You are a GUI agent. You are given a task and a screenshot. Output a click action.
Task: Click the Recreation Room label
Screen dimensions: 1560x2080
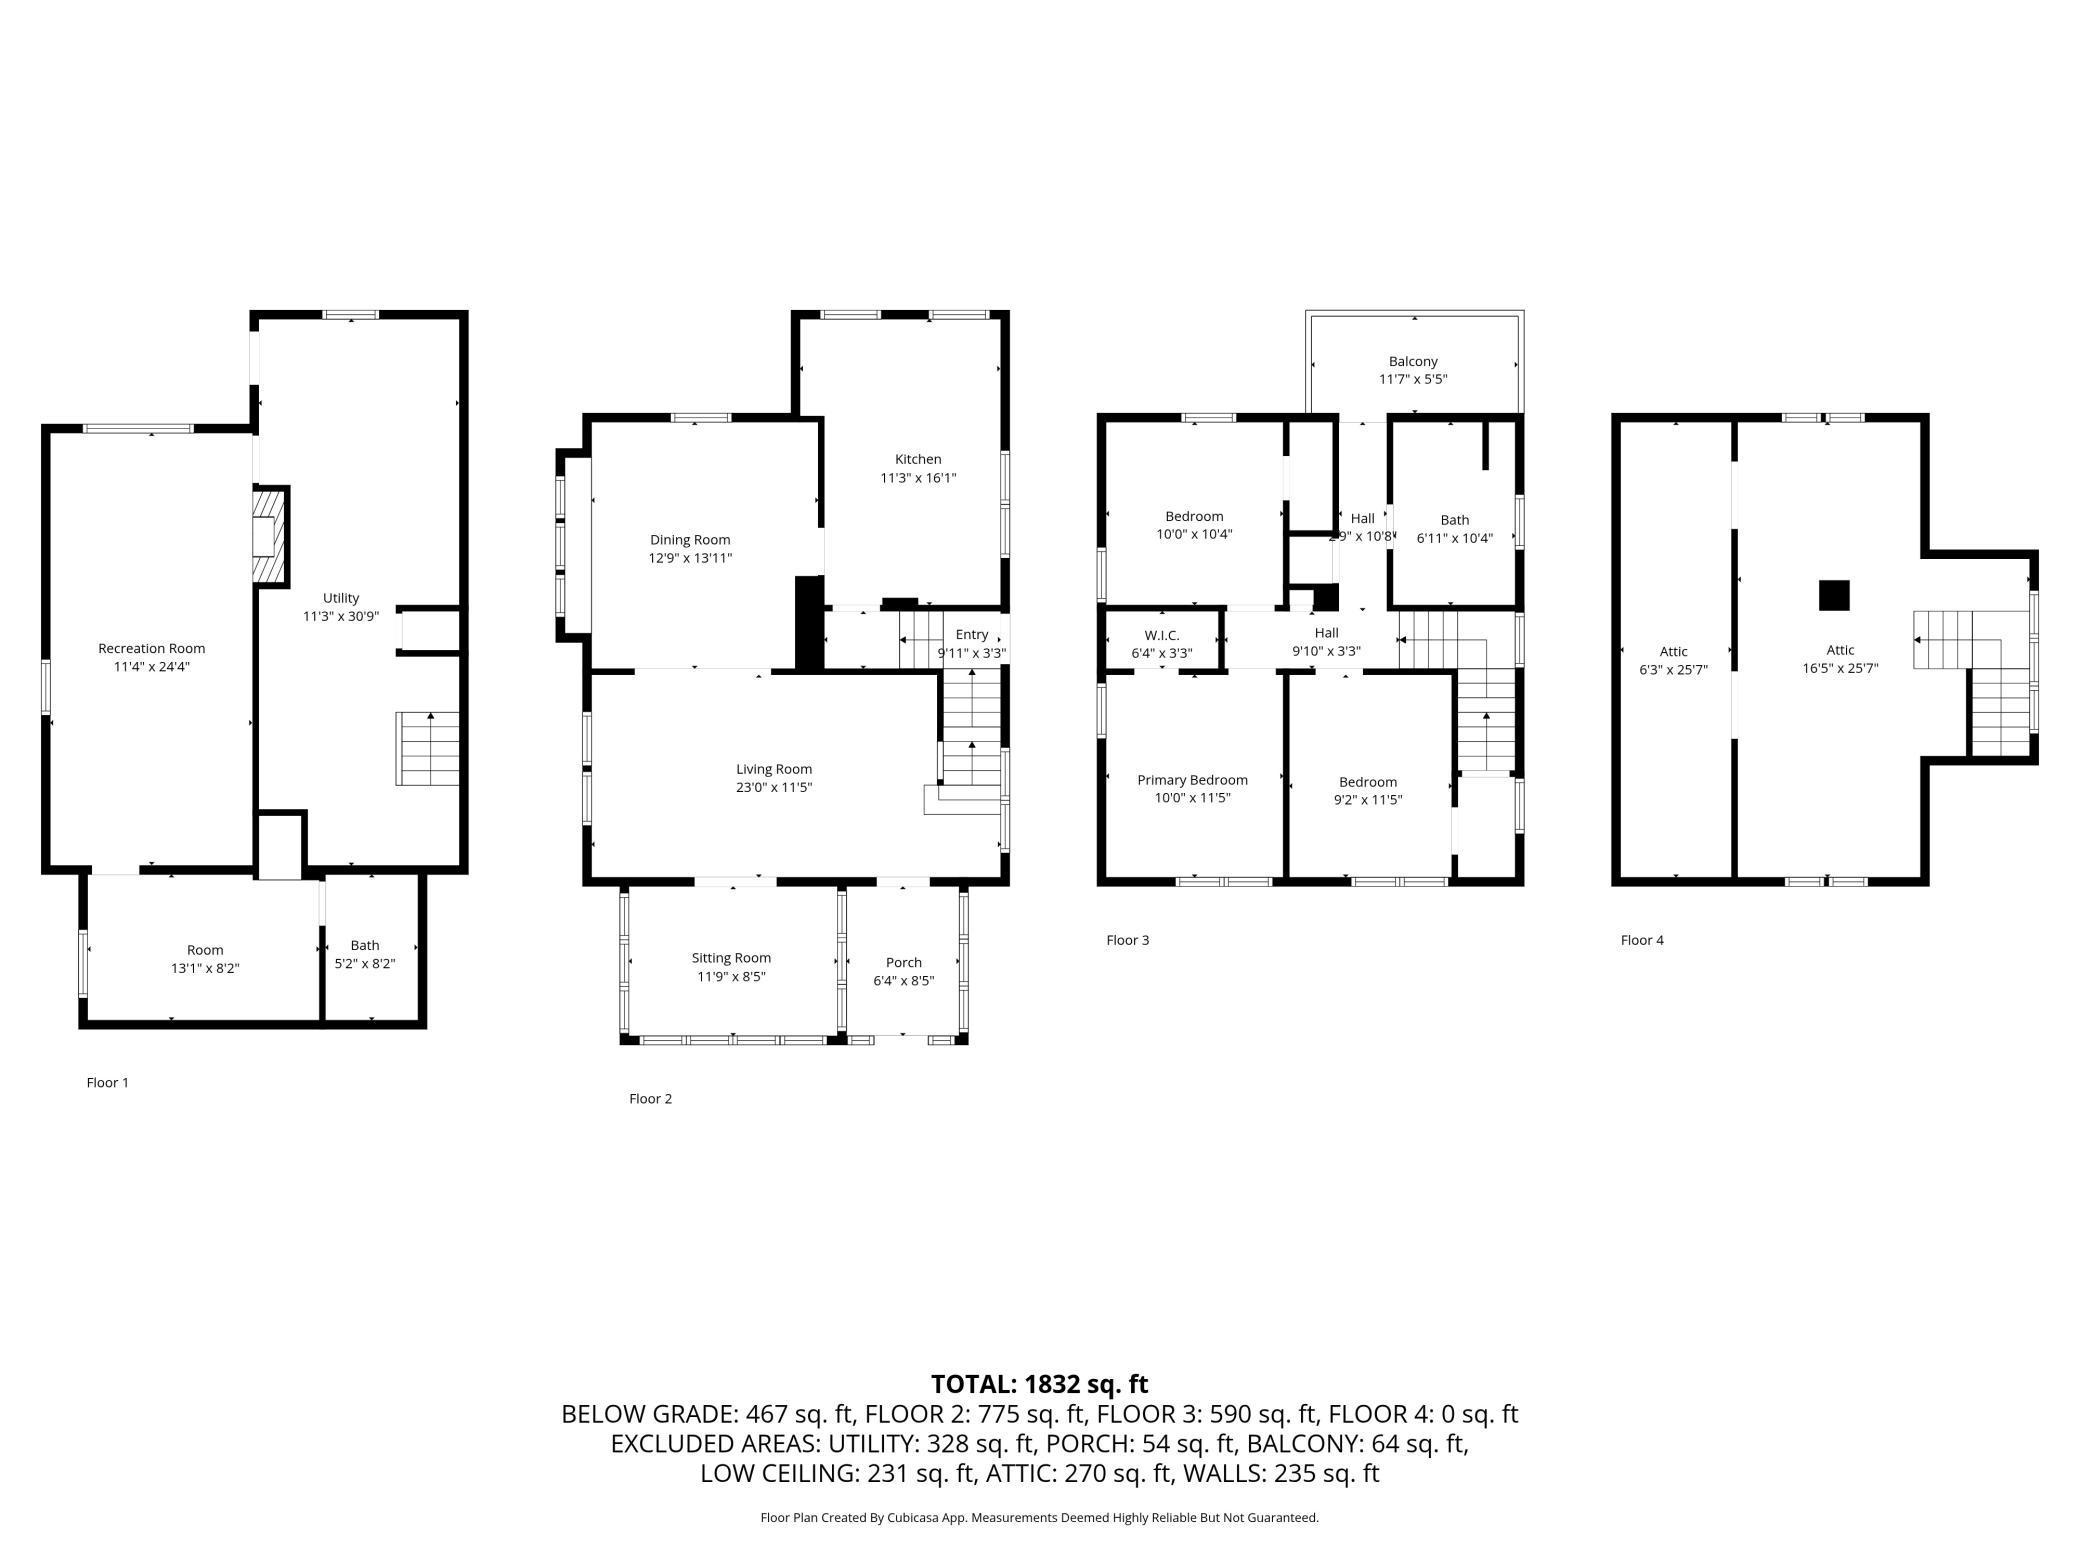point(151,648)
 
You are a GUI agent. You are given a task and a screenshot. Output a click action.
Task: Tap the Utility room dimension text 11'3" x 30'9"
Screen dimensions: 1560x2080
point(341,616)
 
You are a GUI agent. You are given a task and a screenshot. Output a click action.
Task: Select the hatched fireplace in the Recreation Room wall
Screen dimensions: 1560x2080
point(268,537)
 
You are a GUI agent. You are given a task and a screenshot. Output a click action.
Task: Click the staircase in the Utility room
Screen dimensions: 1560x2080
point(429,749)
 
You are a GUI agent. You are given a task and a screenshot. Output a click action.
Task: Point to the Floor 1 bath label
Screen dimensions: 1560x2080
point(365,945)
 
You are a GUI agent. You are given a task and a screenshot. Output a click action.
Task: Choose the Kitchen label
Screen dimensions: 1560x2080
point(917,459)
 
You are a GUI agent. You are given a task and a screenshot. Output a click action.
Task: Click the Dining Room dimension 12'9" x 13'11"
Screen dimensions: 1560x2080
point(690,558)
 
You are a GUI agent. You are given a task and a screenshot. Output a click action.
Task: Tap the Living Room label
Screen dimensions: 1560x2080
point(774,769)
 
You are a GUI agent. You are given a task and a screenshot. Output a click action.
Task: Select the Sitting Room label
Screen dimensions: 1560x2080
point(731,958)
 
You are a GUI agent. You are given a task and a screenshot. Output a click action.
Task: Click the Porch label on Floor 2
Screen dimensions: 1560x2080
point(903,962)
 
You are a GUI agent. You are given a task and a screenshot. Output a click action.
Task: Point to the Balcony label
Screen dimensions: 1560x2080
point(1413,361)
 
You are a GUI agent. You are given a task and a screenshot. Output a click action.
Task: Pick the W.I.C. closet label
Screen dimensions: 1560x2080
point(1162,635)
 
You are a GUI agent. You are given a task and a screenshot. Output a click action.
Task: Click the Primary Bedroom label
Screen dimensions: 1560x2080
point(1192,780)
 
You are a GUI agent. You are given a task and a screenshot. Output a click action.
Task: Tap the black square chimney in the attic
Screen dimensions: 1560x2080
point(1833,595)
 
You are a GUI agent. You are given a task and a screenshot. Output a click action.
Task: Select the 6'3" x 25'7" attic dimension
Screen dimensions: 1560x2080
point(1673,670)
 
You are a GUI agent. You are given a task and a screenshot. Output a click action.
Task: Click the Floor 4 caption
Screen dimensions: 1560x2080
point(1642,940)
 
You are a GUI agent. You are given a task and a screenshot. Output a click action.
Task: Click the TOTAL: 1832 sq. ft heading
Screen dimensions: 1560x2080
point(1039,1384)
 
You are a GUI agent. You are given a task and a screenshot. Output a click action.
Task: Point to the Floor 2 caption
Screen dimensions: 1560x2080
point(650,1098)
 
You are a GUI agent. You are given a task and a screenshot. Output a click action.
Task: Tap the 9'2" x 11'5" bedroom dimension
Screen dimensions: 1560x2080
point(1368,800)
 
